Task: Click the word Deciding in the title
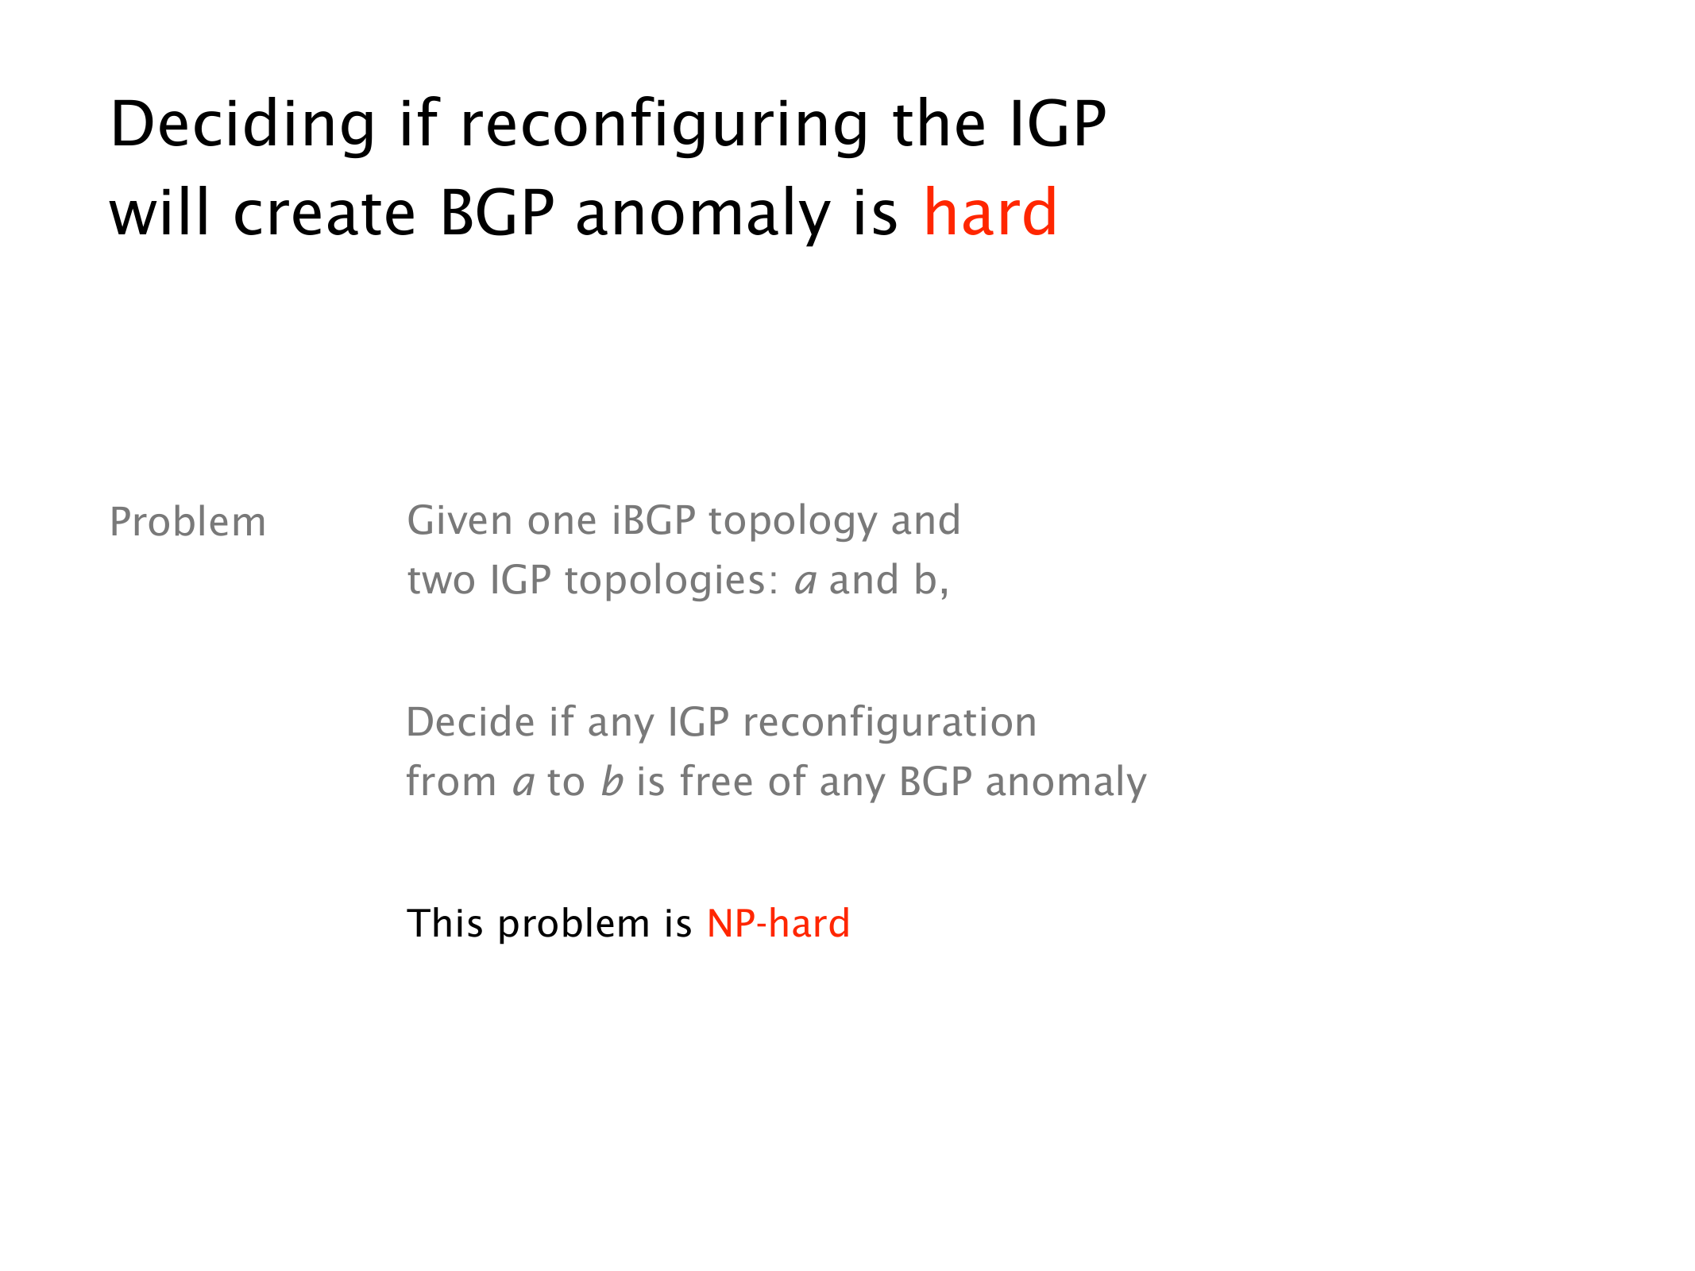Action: (x=242, y=126)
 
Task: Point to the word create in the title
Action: (x=324, y=214)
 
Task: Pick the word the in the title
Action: (x=939, y=124)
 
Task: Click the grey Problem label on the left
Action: (x=187, y=522)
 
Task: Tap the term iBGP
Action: (x=654, y=520)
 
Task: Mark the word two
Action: (x=442, y=581)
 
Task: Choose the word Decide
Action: (x=471, y=722)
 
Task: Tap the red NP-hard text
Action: (x=778, y=923)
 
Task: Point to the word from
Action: (x=451, y=781)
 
